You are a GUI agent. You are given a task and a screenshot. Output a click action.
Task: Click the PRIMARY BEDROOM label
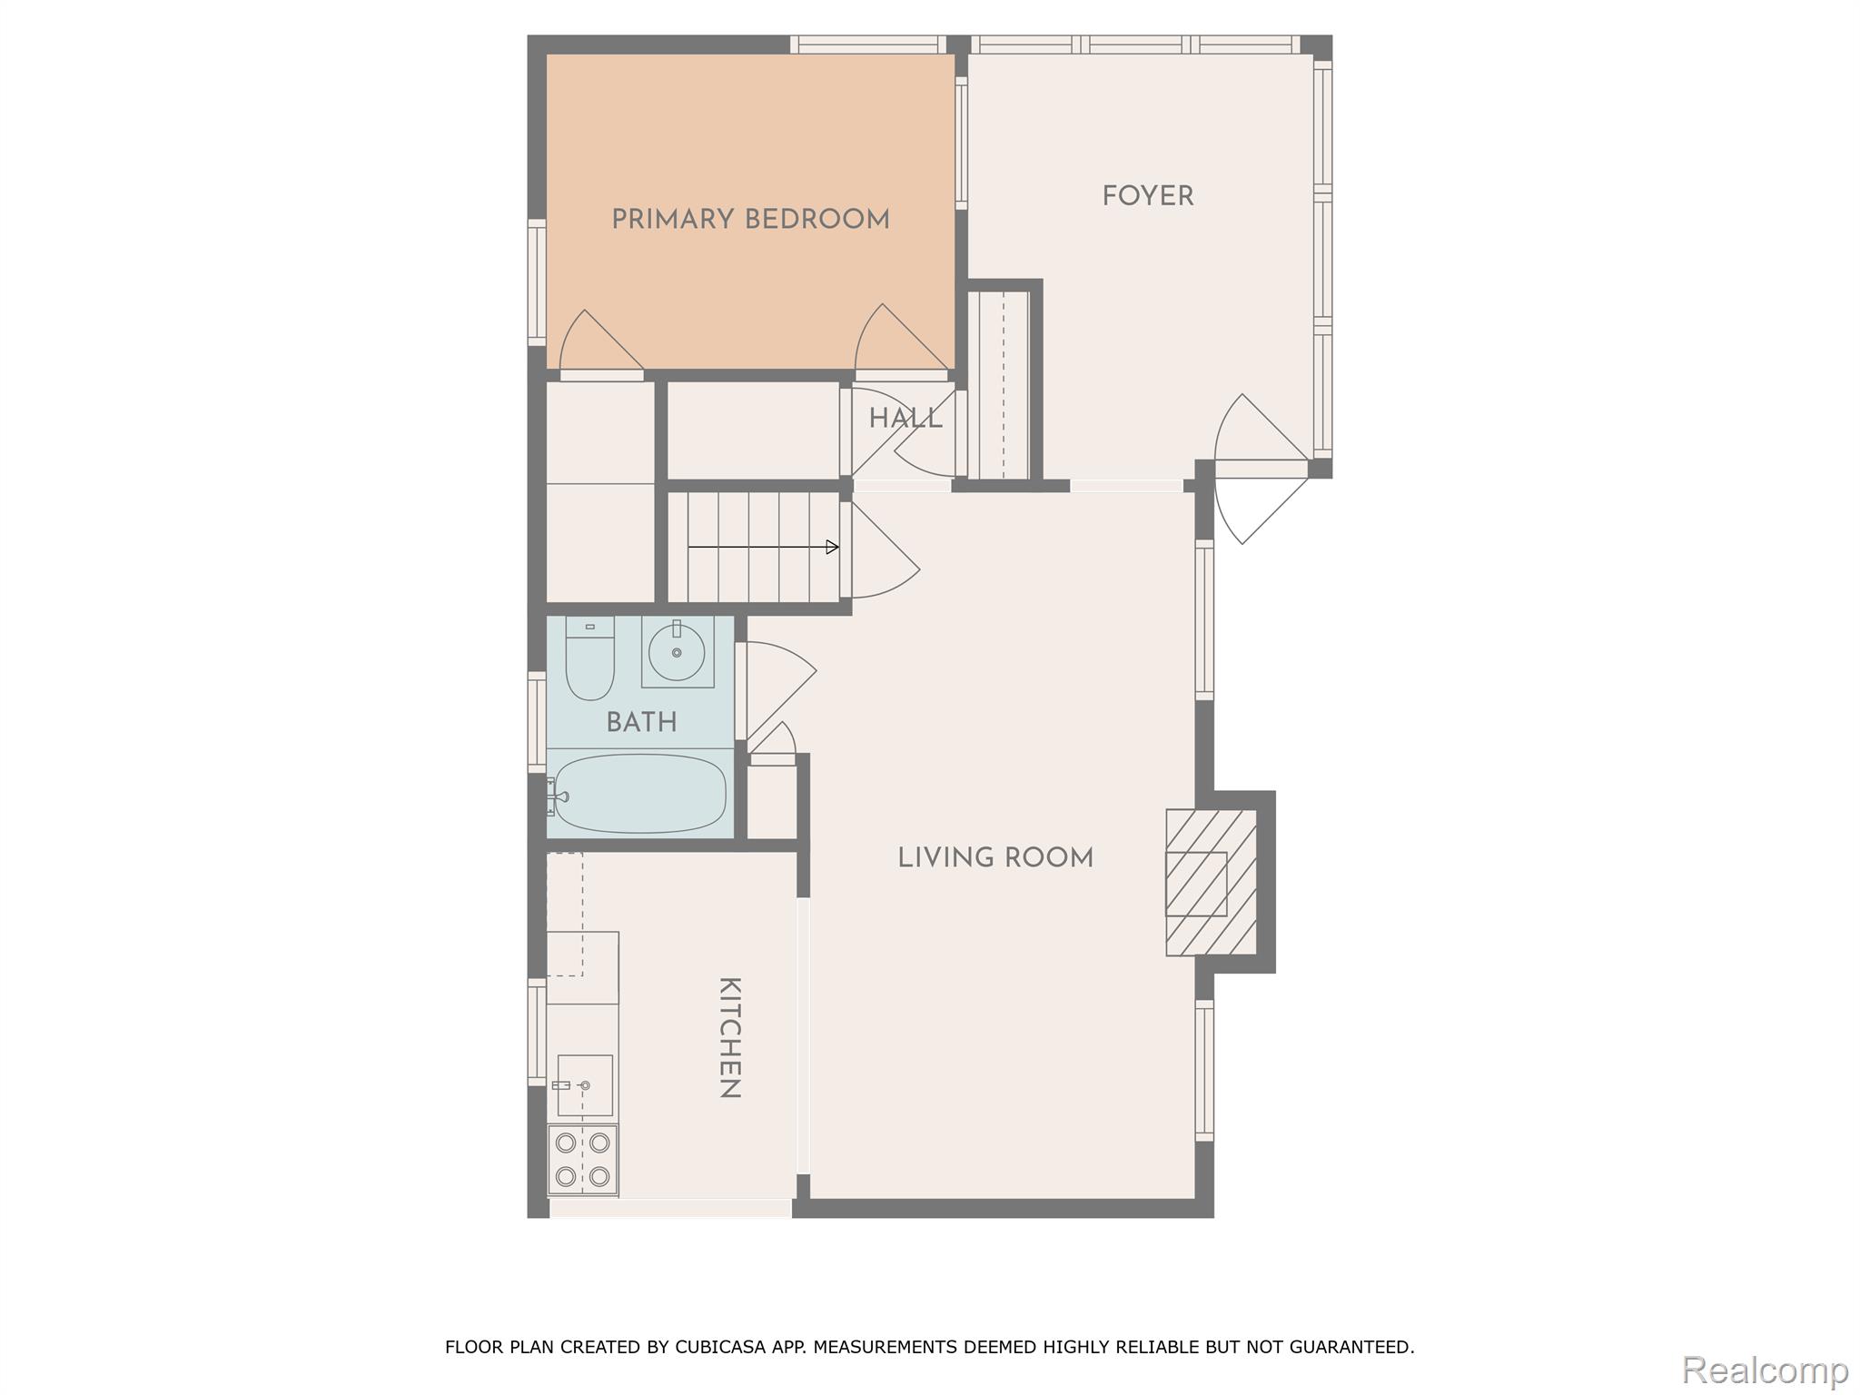pyautogui.click(x=750, y=220)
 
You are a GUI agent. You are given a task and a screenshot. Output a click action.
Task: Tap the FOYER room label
pyautogui.click(x=1147, y=196)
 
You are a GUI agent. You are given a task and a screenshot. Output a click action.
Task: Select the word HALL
pyautogui.click(x=905, y=419)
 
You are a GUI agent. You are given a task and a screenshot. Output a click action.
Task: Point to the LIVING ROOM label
pyautogui.click(x=995, y=858)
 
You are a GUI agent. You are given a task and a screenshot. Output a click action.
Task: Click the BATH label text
pyautogui.click(x=641, y=723)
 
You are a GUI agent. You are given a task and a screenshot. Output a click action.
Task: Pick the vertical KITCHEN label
pyautogui.click(x=729, y=1037)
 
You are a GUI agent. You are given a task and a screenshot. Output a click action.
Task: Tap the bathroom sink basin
pyautogui.click(x=677, y=652)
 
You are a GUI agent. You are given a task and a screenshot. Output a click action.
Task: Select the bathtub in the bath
pyautogui.click(x=640, y=793)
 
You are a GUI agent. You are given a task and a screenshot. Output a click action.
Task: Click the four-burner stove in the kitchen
pyautogui.click(x=582, y=1160)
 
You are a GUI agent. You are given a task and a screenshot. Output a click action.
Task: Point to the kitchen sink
pyautogui.click(x=584, y=1085)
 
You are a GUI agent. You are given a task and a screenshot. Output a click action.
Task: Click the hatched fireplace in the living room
pyautogui.click(x=1211, y=882)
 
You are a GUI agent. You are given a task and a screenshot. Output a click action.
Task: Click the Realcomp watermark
pyautogui.click(x=1765, y=1370)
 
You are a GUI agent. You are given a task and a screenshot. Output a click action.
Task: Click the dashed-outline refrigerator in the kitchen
pyautogui.click(x=565, y=913)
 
